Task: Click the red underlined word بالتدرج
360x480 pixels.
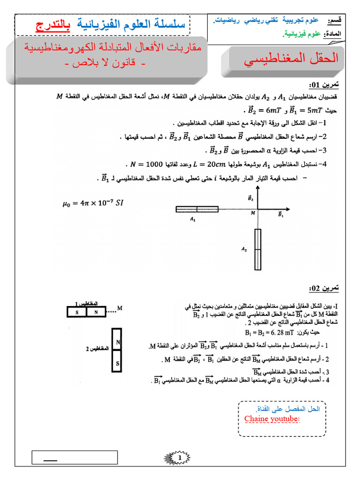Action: point(51,25)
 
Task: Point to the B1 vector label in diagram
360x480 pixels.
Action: point(281,214)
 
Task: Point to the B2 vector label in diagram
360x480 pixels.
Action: point(250,199)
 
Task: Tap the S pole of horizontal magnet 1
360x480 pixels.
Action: point(77,311)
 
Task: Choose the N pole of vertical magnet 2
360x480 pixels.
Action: point(118,343)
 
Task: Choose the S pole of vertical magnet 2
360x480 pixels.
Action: point(118,363)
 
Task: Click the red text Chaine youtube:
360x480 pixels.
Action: point(272,418)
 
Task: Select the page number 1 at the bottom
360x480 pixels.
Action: point(180,457)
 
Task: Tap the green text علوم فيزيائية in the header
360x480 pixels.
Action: point(302,34)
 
